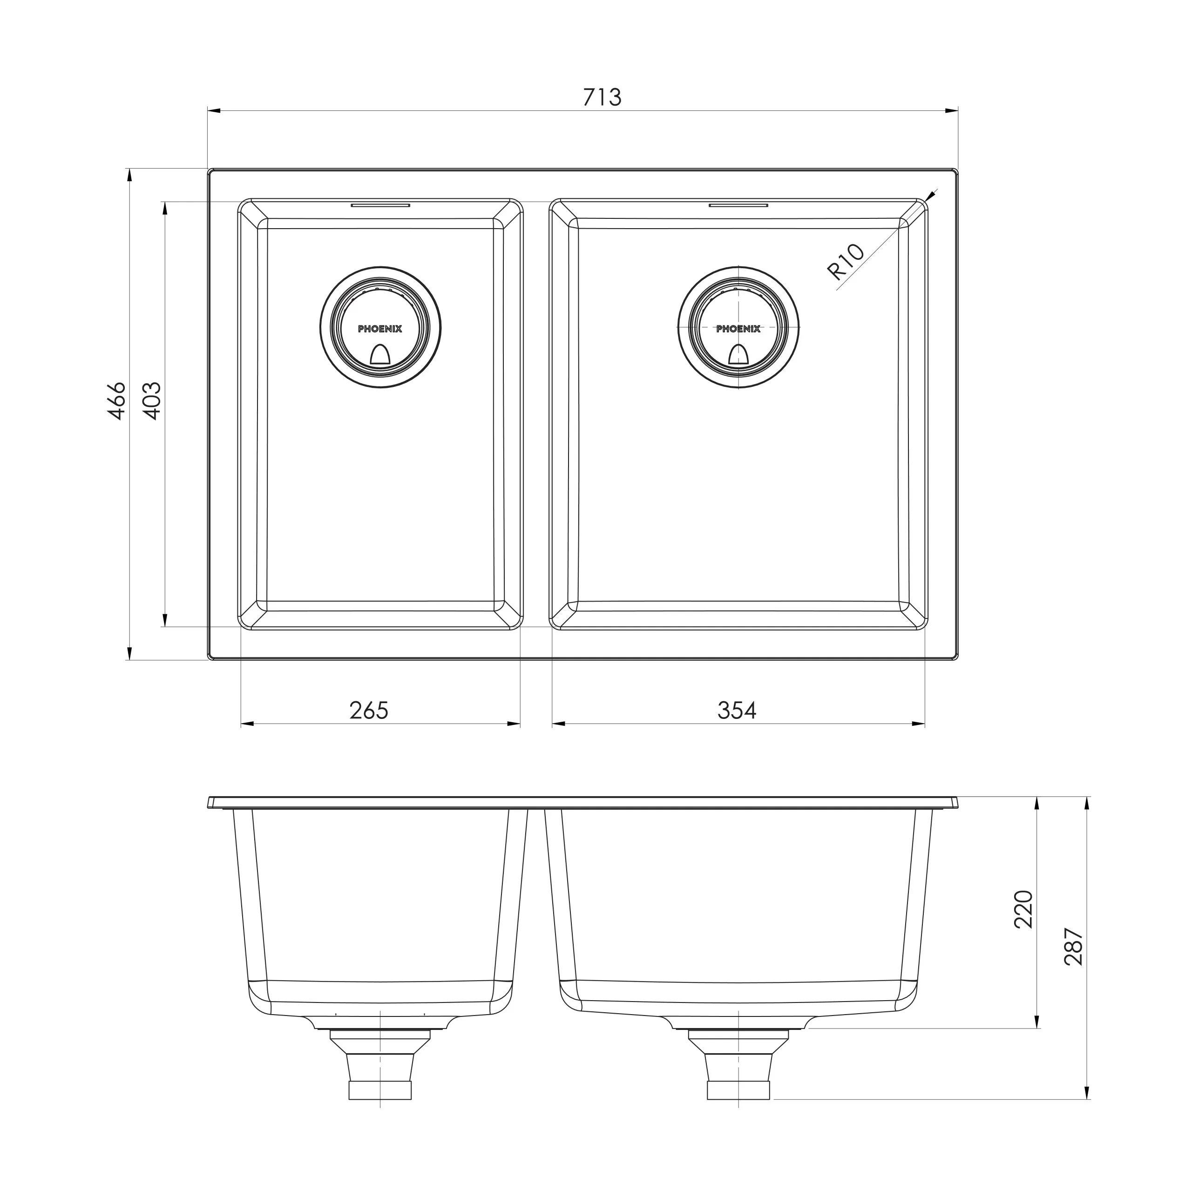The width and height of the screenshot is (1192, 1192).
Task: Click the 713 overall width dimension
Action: point(602,97)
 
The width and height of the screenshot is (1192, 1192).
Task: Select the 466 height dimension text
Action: point(117,401)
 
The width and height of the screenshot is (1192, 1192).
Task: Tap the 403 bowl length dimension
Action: point(152,401)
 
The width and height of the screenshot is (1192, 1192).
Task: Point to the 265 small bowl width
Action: point(369,710)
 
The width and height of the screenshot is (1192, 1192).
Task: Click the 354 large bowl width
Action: point(737,710)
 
